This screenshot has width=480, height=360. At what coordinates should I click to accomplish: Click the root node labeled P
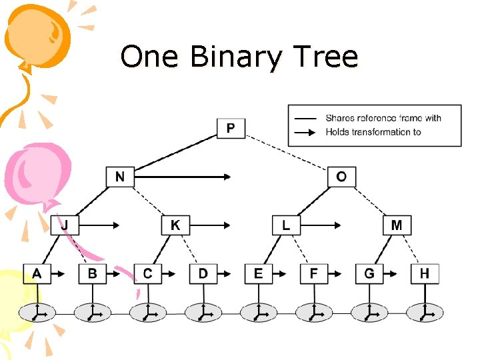pos(231,127)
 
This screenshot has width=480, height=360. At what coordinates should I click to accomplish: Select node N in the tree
pos(120,177)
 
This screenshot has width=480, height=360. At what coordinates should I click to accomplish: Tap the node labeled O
pos(341,177)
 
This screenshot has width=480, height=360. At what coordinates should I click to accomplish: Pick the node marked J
pos(65,225)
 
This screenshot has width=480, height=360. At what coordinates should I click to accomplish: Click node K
pos(175,225)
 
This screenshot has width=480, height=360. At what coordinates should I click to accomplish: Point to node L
pos(286,225)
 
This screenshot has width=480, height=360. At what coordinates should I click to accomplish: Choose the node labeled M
pos(397,225)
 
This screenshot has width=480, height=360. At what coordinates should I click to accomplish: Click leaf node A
pos(37,273)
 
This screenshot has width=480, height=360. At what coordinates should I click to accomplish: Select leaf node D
pos(203,273)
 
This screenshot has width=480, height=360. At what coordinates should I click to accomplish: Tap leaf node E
pos(258,273)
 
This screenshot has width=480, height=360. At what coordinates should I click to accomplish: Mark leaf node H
pos(425,273)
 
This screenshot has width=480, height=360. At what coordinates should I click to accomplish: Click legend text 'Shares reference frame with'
pos(383,118)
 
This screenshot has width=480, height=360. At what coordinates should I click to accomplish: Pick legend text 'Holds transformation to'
pos(373,132)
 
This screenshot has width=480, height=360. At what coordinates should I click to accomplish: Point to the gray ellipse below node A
pos(37,311)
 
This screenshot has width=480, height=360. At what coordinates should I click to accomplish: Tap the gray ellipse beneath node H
pos(425,311)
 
